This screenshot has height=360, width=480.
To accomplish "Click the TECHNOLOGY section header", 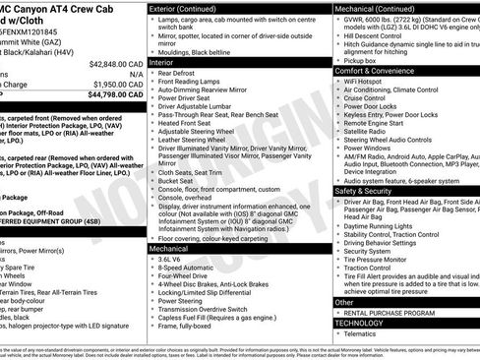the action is pyautogui.click(x=360, y=323).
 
